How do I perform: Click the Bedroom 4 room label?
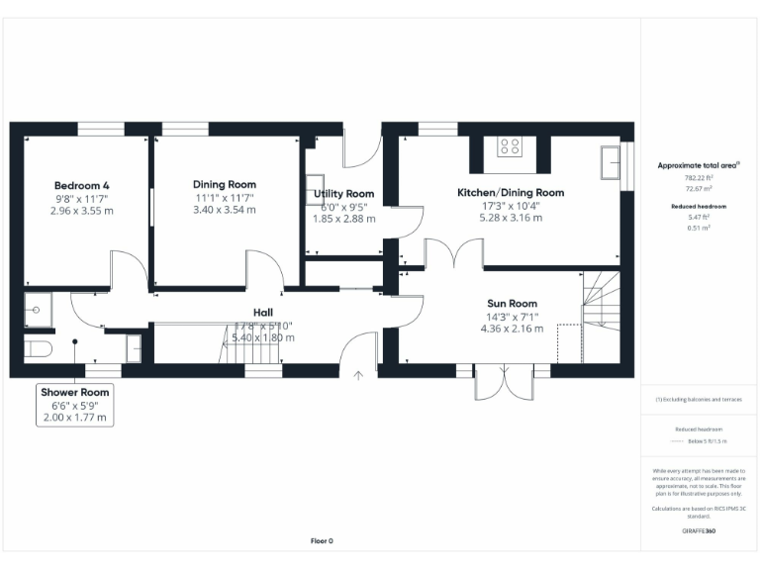click(81, 185)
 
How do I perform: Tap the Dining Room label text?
click(224, 184)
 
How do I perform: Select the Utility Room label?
click(343, 193)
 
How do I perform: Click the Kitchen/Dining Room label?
click(510, 192)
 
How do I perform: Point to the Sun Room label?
click(512, 304)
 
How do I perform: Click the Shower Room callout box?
click(75, 405)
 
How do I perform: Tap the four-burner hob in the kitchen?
click(510, 146)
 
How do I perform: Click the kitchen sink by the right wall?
click(611, 162)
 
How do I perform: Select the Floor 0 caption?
click(322, 541)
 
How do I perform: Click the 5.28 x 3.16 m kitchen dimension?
click(510, 218)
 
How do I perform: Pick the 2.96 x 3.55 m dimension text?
click(81, 211)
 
